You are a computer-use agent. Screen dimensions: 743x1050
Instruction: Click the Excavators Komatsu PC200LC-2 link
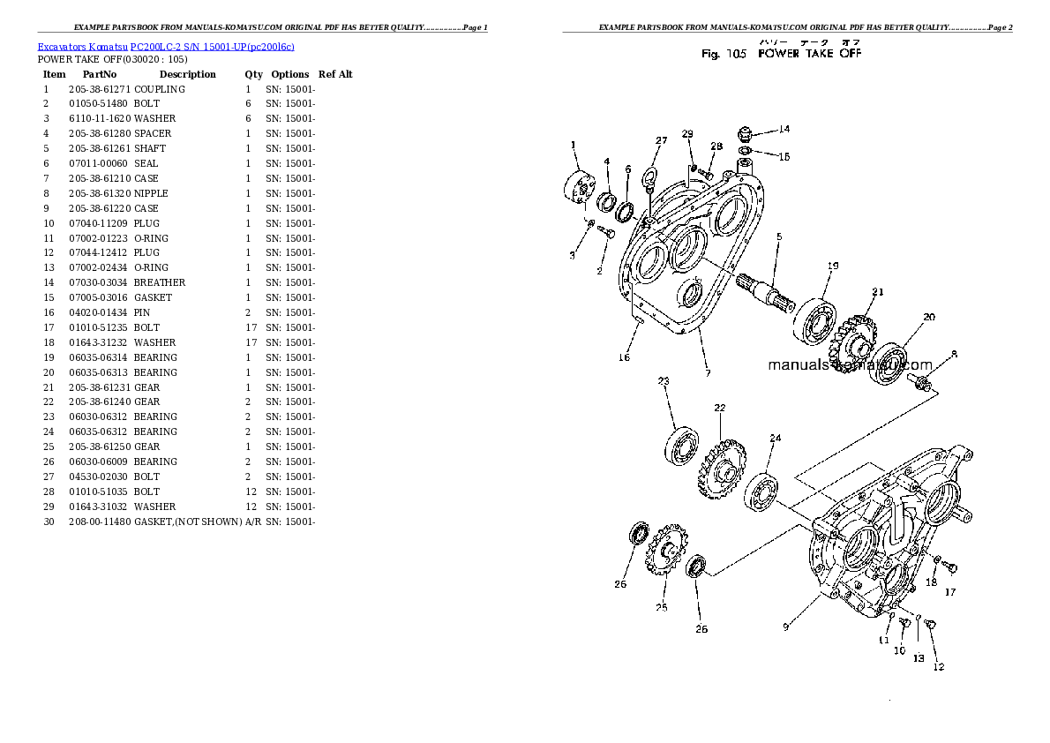coord(166,46)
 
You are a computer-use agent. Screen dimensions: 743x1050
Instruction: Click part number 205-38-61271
coord(99,89)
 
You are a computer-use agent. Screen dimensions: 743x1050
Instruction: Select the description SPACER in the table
coord(153,133)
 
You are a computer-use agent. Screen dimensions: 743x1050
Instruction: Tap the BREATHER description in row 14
coord(160,282)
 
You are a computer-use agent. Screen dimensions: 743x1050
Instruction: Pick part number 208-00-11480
coord(99,522)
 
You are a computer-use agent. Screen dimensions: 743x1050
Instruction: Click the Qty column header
coord(253,74)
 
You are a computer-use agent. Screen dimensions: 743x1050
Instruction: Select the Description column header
coord(187,74)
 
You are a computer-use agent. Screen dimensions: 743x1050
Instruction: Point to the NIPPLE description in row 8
coord(151,193)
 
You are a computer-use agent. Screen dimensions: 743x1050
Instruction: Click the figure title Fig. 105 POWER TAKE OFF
coord(781,54)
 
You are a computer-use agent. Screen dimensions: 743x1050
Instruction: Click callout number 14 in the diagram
coord(784,129)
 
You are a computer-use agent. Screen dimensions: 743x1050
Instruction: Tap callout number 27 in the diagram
coord(661,140)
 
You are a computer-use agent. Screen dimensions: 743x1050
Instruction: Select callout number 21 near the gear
coord(877,292)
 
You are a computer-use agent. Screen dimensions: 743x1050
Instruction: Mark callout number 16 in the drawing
coord(624,357)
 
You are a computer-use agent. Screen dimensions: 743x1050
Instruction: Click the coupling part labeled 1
coord(579,189)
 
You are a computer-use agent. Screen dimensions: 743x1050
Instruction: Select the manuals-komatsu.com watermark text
coord(849,364)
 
